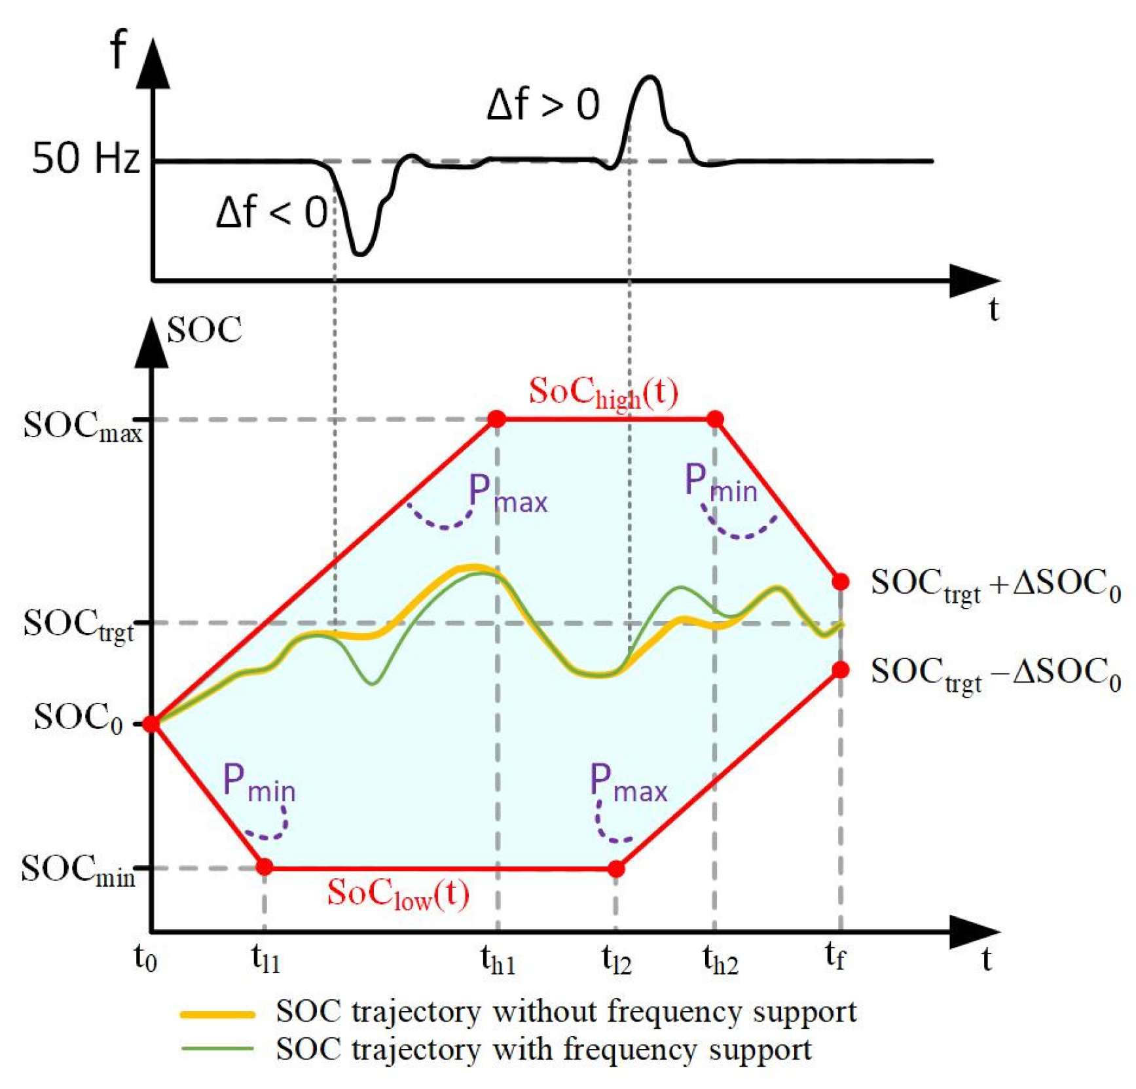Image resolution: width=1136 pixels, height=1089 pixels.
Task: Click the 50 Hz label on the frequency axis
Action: tap(86, 158)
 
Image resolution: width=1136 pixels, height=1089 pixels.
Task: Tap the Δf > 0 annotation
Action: tap(543, 105)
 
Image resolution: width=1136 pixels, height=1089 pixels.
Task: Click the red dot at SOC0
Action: tap(151, 724)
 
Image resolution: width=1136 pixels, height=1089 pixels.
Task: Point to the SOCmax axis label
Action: tap(82, 427)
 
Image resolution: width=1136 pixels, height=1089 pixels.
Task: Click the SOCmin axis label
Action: tap(78, 870)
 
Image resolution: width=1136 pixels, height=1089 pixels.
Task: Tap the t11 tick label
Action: tap(265, 959)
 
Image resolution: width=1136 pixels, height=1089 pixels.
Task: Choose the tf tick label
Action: tap(835, 957)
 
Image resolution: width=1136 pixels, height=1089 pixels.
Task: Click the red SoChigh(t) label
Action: tap(603, 393)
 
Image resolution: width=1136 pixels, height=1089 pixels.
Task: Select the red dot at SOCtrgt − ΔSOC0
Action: tap(841, 670)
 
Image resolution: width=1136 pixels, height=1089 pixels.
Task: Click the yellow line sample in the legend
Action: tap(217, 1015)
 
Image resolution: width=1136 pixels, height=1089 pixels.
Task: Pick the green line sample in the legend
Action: tap(217, 1049)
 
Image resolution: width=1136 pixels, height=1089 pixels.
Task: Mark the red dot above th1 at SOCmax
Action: tap(497, 419)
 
